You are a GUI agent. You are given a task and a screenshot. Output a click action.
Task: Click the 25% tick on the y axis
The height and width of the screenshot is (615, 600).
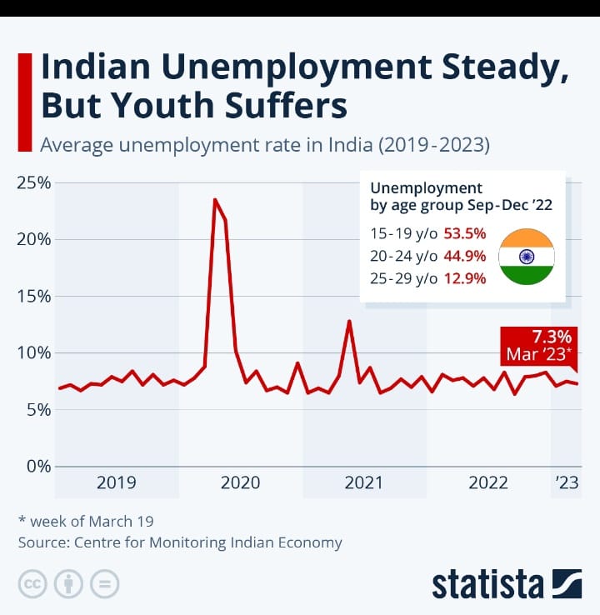tap(33, 182)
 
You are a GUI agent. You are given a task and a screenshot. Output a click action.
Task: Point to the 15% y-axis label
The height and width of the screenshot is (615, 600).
tap(33, 296)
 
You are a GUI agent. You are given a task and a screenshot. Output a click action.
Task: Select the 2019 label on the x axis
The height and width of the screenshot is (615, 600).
tap(117, 482)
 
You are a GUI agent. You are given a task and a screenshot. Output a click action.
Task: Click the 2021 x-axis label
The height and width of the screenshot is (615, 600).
tap(363, 482)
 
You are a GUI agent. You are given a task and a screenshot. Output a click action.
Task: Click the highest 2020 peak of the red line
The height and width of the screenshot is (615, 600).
tap(215, 200)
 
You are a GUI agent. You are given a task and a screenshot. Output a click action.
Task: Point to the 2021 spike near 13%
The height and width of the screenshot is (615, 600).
tap(350, 321)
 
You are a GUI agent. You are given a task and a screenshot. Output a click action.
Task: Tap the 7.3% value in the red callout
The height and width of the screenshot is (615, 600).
tap(551, 337)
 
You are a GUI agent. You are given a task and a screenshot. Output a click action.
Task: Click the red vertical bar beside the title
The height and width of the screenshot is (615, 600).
tap(24, 101)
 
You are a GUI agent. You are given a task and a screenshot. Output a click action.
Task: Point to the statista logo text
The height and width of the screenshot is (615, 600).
tap(487, 583)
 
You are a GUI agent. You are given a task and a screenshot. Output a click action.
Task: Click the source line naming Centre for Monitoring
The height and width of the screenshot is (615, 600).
tap(180, 542)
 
